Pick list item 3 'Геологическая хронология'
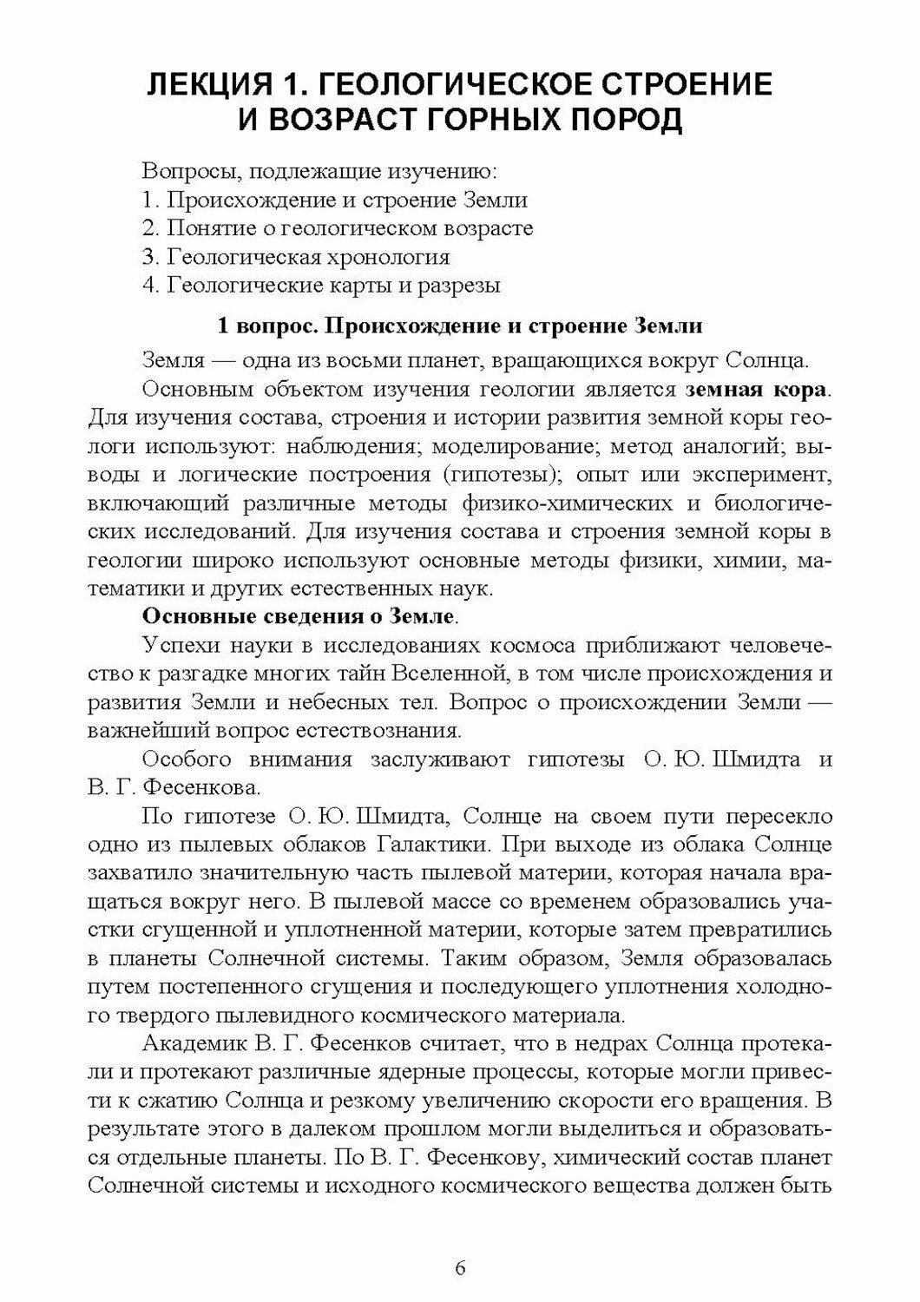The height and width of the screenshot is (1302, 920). [296, 257]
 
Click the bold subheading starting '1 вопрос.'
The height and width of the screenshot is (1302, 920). [459, 327]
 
